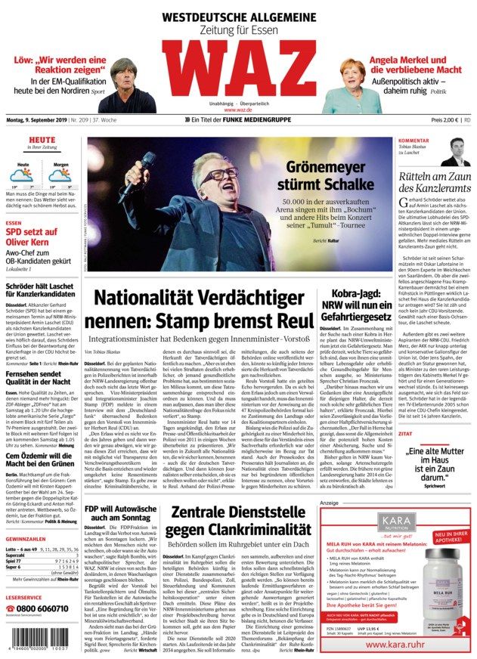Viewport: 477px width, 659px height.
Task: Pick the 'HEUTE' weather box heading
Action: pos(42,141)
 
